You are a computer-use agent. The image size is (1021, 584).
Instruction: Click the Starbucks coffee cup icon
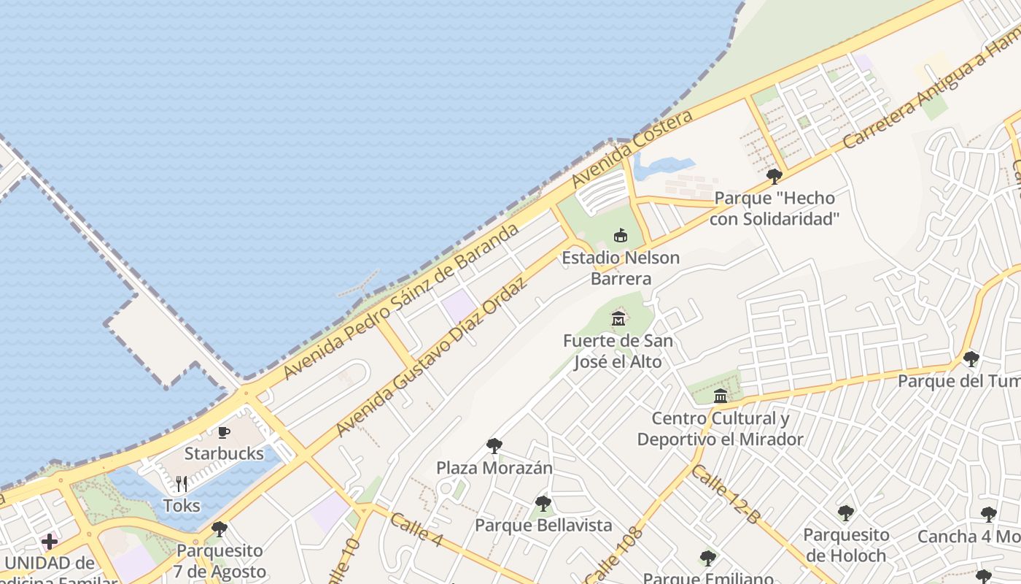pyautogui.click(x=224, y=432)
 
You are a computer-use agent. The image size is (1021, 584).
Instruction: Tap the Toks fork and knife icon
pyautogui.click(x=182, y=483)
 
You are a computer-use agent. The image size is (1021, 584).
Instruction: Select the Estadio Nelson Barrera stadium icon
pyautogui.click(x=621, y=235)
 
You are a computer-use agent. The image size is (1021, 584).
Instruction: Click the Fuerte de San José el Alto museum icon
pyautogui.click(x=618, y=318)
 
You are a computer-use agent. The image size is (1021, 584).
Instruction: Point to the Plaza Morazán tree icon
pyautogui.click(x=494, y=445)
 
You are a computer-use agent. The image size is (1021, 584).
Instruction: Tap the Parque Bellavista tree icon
pyautogui.click(x=543, y=503)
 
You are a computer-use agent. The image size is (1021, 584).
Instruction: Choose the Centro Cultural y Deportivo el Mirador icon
pyautogui.click(x=721, y=396)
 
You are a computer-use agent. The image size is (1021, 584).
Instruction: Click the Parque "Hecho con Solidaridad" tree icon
pyautogui.click(x=775, y=176)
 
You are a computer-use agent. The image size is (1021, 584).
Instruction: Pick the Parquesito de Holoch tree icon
pyautogui.click(x=846, y=512)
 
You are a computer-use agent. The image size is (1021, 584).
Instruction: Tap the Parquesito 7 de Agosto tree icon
pyautogui.click(x=220, y=529)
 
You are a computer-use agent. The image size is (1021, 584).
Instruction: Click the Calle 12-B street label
pyautogui.click(x=726, y=494)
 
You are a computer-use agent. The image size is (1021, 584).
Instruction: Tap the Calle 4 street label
pyautogui.click(x=416, y=530)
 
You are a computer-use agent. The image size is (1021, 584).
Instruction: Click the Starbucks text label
pyautogui.click(x=224, y=453)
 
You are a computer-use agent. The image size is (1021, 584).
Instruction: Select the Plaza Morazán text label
pyautogui.click(x=494, y=467)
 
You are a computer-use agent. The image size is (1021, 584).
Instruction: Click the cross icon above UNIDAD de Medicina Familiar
pyautogui.click(x=50, y=542)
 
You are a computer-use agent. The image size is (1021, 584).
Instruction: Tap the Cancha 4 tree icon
pyautogui.click(x=988, y=515)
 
